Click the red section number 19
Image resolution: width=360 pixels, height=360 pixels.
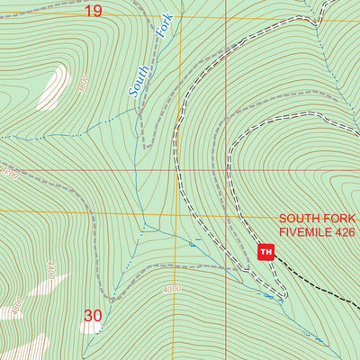pos(94,11)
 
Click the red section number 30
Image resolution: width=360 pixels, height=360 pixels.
pos(93,316)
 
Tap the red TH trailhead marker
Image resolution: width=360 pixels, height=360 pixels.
pos(265,252)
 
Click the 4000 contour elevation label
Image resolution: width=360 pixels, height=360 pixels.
pos(173,289)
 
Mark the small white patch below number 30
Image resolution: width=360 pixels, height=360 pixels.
pos(90,328)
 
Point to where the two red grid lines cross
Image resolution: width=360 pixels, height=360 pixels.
pos(237,169)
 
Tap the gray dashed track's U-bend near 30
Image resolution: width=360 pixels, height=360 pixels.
pos(109,298)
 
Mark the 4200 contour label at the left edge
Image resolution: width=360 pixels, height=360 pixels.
pos(9,171)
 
